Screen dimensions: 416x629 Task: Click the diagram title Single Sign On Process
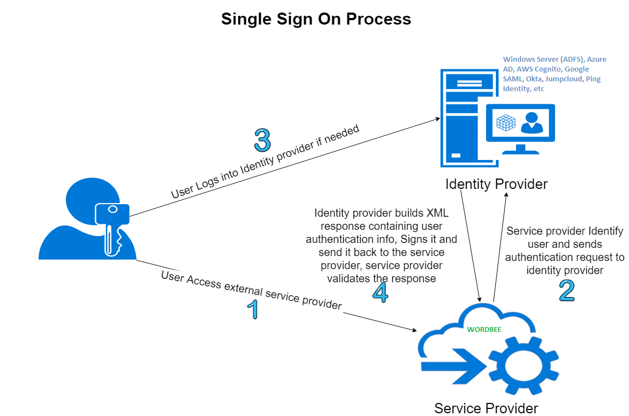pos(316,20)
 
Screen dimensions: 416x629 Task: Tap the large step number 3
pos(262,140)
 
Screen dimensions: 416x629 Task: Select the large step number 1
pos(251,310)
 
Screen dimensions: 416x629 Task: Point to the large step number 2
pos(567,290)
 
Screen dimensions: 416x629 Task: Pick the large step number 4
pos(380,292)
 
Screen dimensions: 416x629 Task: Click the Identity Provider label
pos(496,184)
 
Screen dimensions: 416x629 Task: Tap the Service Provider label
pos(486,408)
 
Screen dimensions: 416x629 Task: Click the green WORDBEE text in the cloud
pos(484,330)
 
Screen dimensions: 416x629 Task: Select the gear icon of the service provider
pos(523,362)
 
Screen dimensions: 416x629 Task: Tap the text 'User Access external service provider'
pos(251,290)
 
